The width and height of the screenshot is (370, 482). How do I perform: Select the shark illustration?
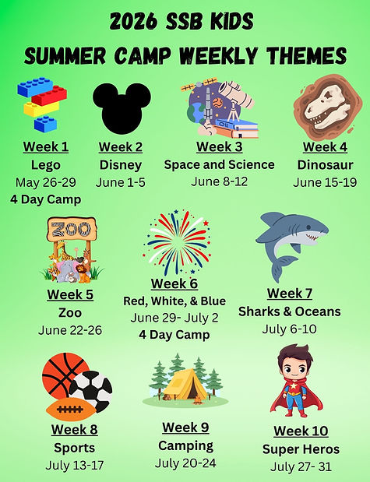(290, 241)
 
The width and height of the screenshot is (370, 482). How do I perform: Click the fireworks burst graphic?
(178, 241)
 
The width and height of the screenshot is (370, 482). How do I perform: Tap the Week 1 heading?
(46, 146)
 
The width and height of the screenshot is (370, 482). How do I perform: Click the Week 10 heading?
(301, 431)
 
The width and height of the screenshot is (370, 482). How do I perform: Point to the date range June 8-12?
(219, 181)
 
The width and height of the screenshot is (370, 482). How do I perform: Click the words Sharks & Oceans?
(289, 311)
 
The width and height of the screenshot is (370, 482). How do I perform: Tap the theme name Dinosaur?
(325, 164)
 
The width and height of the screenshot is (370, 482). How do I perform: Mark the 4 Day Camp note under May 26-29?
(46, 199)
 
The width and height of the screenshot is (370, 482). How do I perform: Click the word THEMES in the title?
(305, 56)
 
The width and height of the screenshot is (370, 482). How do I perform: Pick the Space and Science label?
(219, 164)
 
